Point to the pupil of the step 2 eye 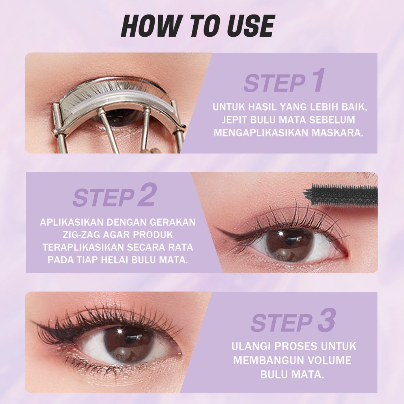pyautogui.click(x=290, y=244)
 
